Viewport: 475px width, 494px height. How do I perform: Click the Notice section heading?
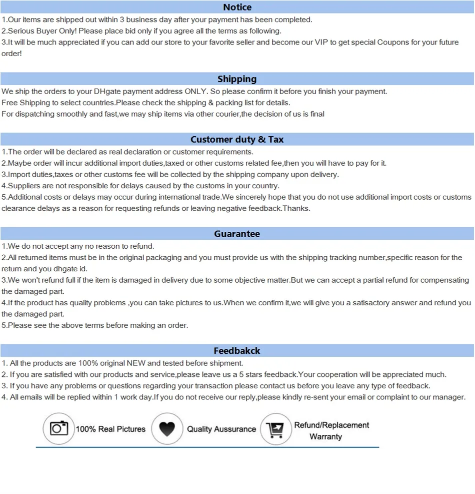237,7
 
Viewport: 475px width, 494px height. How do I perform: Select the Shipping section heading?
237,79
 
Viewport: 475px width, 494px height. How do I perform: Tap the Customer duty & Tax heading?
237,140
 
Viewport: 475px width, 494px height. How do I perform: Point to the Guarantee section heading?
237,234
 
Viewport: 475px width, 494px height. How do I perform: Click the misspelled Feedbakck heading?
237,351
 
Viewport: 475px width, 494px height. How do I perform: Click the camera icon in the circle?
59,428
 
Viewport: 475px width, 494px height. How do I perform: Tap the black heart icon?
167,429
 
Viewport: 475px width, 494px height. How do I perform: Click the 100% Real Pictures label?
110,429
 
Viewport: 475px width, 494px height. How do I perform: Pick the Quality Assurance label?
221,429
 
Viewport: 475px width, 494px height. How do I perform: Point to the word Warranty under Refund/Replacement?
325,436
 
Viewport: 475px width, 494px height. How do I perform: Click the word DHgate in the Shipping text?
108,92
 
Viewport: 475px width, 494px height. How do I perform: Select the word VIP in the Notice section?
321,43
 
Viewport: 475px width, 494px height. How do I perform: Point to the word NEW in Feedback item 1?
135,363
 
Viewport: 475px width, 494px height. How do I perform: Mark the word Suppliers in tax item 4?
24,186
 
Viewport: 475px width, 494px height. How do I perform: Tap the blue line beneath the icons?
207,446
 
